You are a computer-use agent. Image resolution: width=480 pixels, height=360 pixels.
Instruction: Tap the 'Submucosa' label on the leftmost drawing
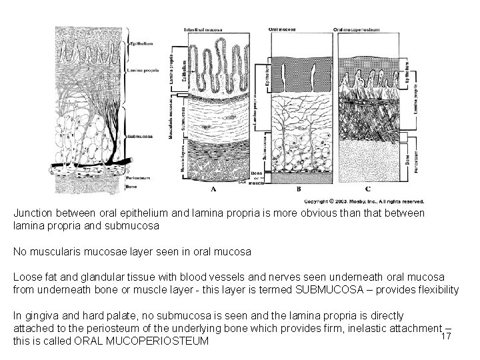point(140,135)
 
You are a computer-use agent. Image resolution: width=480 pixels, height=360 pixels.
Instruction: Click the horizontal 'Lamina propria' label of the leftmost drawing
point(143,69)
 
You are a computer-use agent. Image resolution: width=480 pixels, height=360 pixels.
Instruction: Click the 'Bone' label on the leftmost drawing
point(131,187)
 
